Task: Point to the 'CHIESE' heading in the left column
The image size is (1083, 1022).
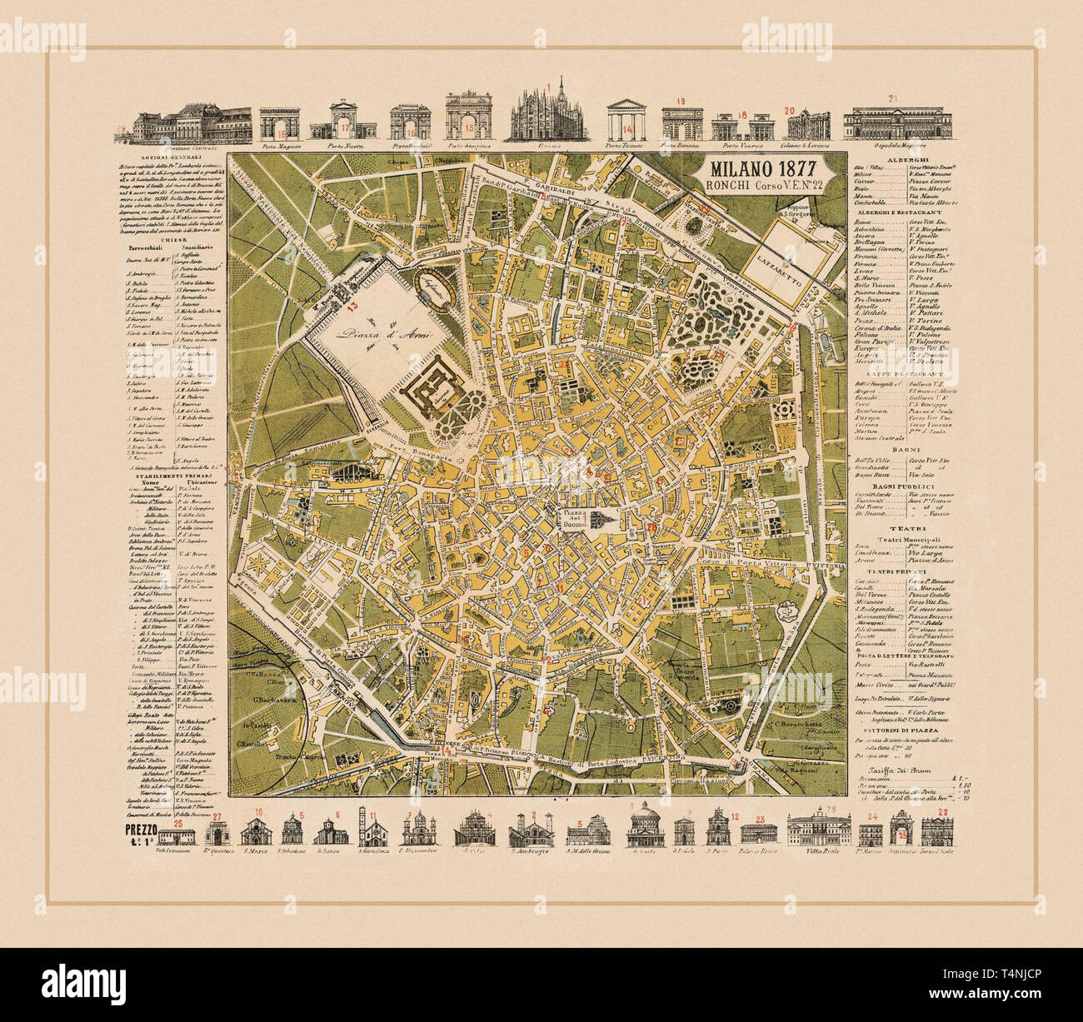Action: tap(173, 238)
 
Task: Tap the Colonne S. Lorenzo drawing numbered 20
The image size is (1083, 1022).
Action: tap(807, 126)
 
